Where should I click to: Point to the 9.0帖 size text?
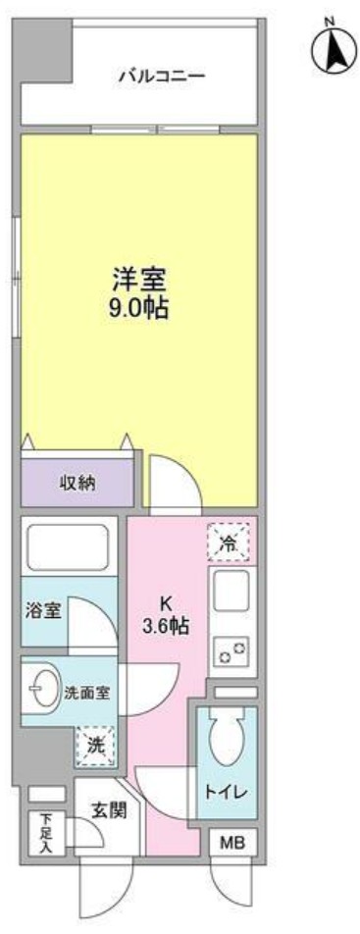coord(137,308)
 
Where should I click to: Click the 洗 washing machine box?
coord(95,746)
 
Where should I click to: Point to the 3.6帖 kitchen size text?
coord(167,624)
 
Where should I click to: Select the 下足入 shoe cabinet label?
coord(44,833)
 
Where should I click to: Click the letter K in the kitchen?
coord(166,601)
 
